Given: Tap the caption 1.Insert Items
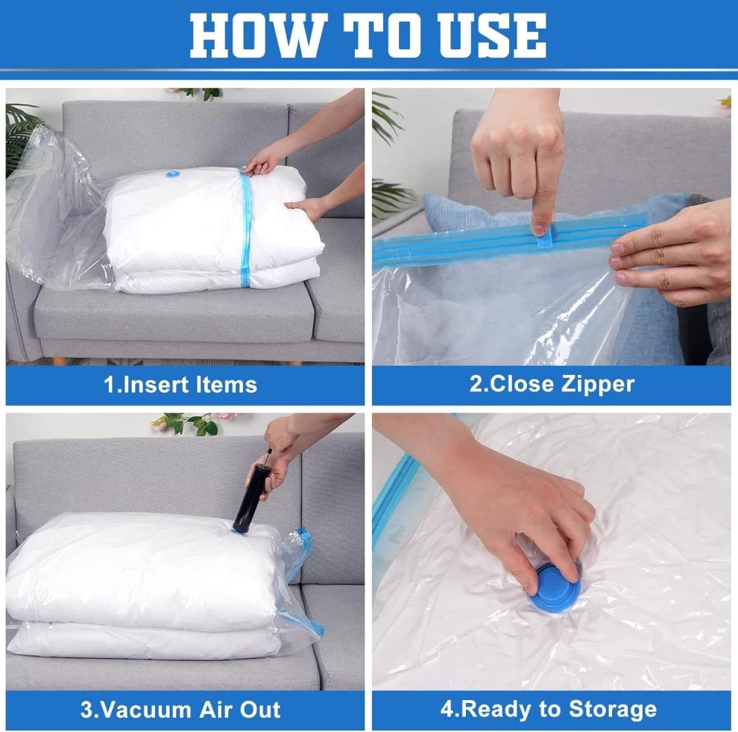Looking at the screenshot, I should [x=180, y=385].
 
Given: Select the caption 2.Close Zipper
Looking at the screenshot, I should [x=552, y=385].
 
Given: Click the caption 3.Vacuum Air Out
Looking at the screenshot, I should [x=180, y=709].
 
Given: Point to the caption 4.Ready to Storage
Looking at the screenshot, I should [x=549, y=709].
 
